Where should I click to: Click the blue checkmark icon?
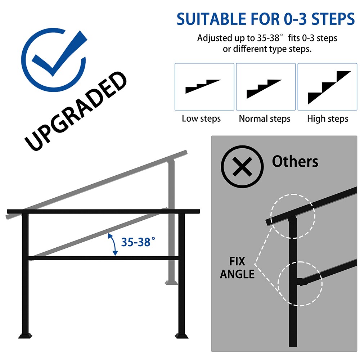(x=53, y=60)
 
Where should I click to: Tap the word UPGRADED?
(x=76, y=111)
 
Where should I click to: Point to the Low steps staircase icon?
(x=203, y=86)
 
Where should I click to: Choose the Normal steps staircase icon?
(x=264, y=89)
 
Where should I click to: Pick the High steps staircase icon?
(x=329, y=87)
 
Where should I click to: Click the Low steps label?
(x=201, y=119)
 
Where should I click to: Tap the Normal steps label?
(x=265, y=119)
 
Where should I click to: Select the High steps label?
(x=328, y=119)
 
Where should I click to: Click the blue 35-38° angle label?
(x=138, y=242)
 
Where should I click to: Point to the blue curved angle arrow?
(x=113, y=244)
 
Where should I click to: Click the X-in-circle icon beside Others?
(x=242, y=166)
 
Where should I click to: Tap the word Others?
(x=295, y=161)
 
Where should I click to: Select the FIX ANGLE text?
(x=237, y=268)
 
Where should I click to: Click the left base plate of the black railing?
(x=25, y=336)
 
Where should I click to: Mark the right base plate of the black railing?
(x=181, y=336)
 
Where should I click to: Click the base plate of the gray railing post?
(x=171, y=282)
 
